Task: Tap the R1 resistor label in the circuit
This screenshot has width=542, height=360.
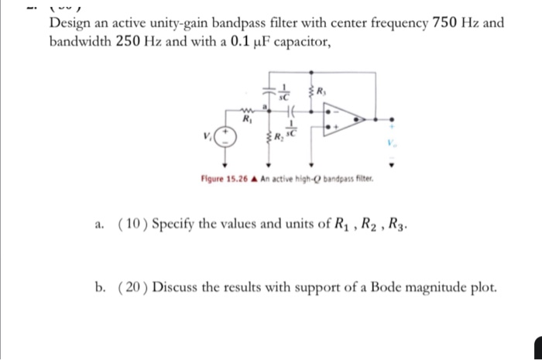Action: coord(246,122)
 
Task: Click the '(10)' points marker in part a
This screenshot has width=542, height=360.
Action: coord(132,225)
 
